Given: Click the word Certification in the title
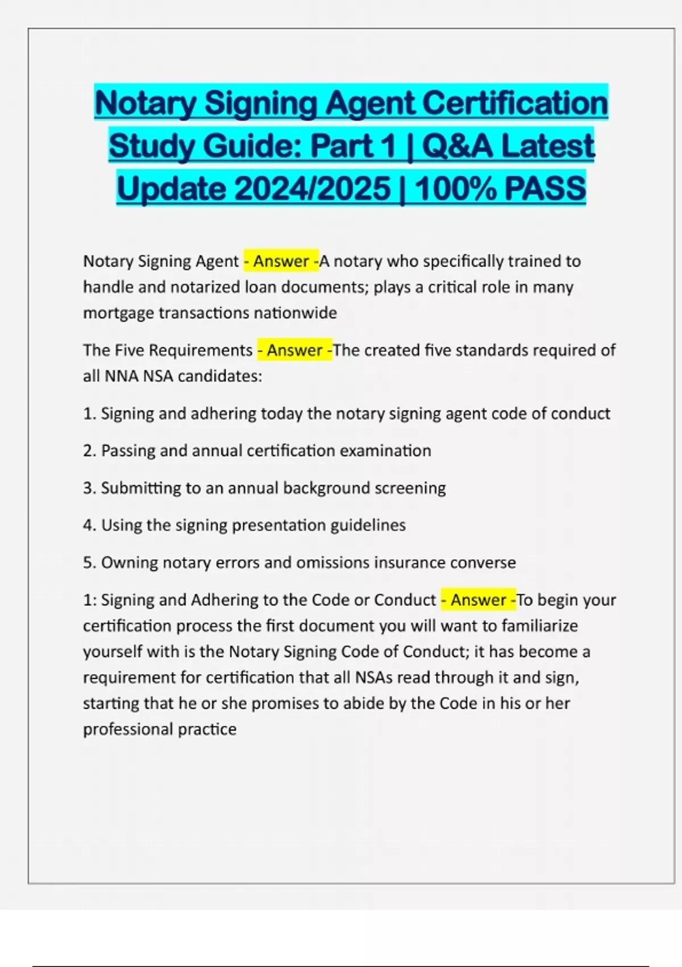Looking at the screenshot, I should pos(515,103).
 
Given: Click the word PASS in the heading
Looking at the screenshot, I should pos(544,188).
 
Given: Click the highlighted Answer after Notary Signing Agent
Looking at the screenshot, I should pos(281,261).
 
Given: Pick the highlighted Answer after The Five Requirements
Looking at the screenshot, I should pos(295,350).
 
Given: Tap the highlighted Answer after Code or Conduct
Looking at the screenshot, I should pos(479,600).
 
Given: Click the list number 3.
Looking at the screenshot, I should pos(88,488).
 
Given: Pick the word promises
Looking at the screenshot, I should pos(285,704).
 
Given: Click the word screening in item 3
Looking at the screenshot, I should pos(410,488).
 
